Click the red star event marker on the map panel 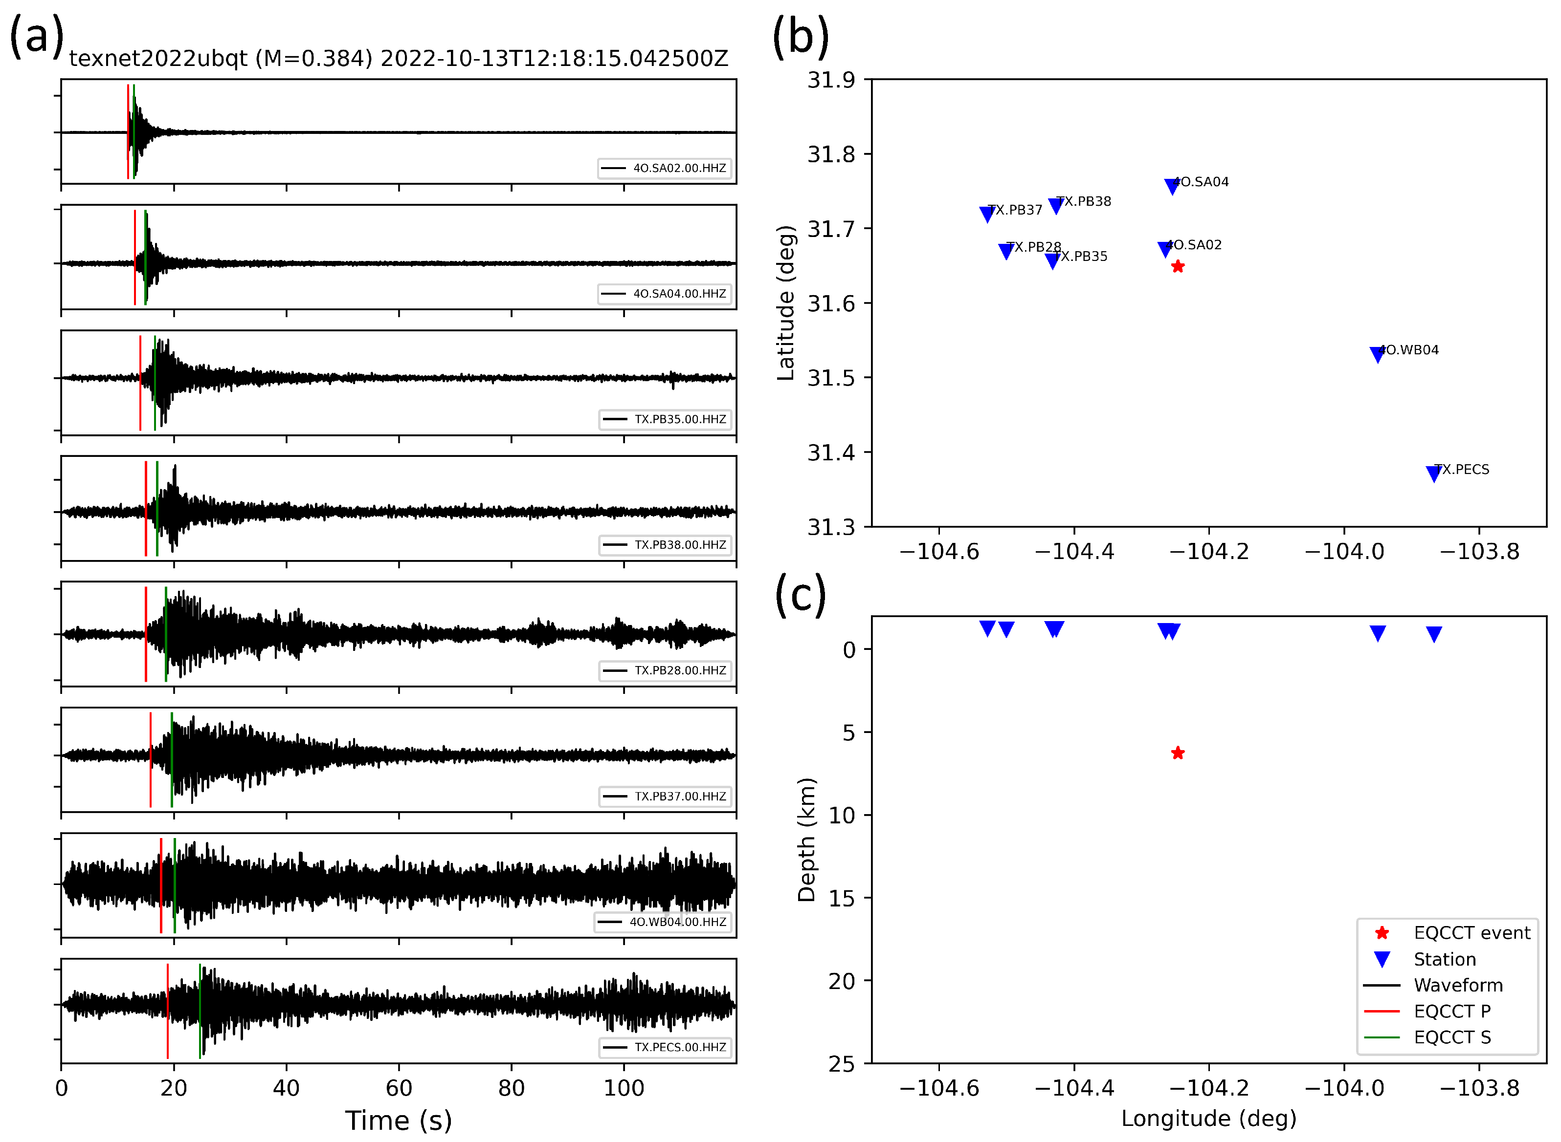click(x=1177, y=267)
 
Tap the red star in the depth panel click(x=1177, y=753)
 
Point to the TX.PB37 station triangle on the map click(x=987, y=215)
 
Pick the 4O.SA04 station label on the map click(x=1202, y=182)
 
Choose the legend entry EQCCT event click(x=1472, y=932)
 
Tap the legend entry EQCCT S click(x=1452, y=1037)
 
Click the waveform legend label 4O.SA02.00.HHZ click(x=679, y=168)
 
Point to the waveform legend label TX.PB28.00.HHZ click(x=680, y=670)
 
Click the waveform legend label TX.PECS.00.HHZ click(x=680, y=1047)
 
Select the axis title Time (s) click(x=399, y=1120)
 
